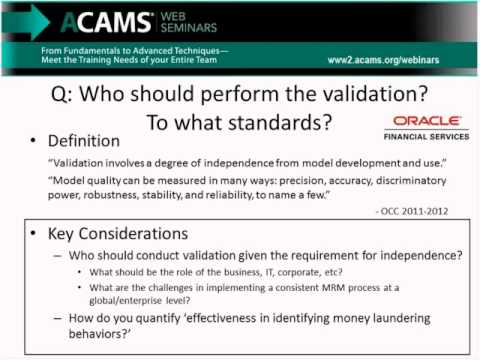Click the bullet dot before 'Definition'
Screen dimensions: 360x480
click(x=32, y=142)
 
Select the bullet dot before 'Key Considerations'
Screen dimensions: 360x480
click(x=32, y=234)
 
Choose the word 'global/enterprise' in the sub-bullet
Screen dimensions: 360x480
click(x=141, y=301)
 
